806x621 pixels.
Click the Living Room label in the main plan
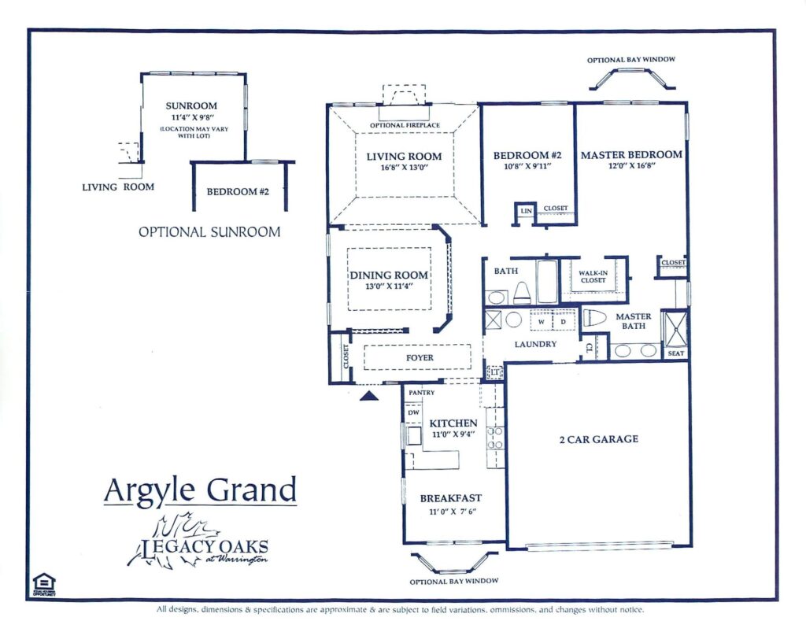click(x=404, y=156)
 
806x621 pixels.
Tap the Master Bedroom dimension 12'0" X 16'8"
click(x=631, y=167)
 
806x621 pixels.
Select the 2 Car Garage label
click(x=598, y=439)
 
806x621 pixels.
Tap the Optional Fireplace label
click(x=405, y=125)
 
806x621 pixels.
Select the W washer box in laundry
click(x=541, y=322)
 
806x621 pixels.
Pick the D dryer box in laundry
click(x=564, y=322)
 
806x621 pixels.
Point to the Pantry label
click(x=422, y=391)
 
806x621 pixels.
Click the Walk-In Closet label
click(x=593, y=276)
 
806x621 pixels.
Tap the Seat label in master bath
click(x=675, y=353)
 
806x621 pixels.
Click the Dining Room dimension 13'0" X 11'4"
click(x=389, y=286)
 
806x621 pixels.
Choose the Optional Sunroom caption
click(x=209, y=232)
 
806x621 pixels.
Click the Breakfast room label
click(x=450, y=498)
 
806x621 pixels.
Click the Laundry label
click(x=535, y=344)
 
